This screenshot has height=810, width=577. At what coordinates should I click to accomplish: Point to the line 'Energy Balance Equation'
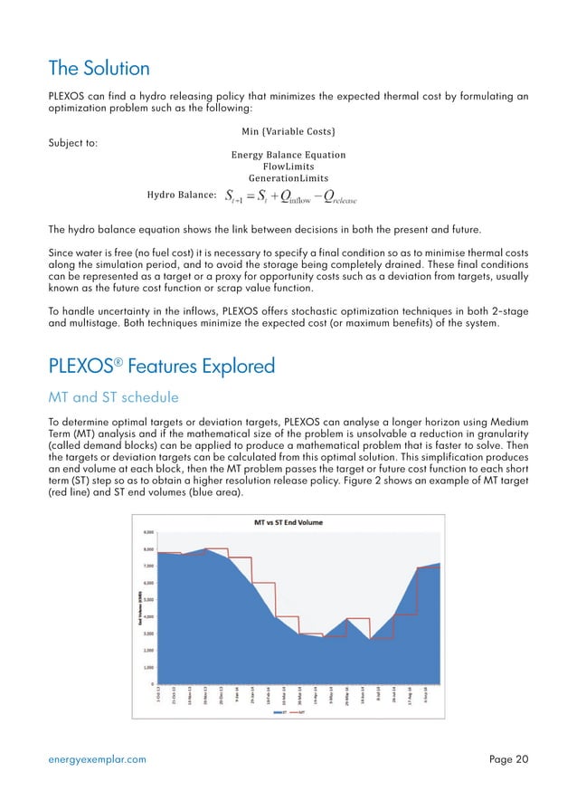[x=288, y=156]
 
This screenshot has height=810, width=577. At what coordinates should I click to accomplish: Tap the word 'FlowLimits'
[x=288, y=167]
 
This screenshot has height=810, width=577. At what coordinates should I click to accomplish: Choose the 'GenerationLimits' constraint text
[x=288, y=179]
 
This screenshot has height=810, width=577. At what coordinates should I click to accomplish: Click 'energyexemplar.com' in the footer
[x=97, y=759]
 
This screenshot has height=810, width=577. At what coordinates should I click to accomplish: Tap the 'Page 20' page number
[x=508, y=759]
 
